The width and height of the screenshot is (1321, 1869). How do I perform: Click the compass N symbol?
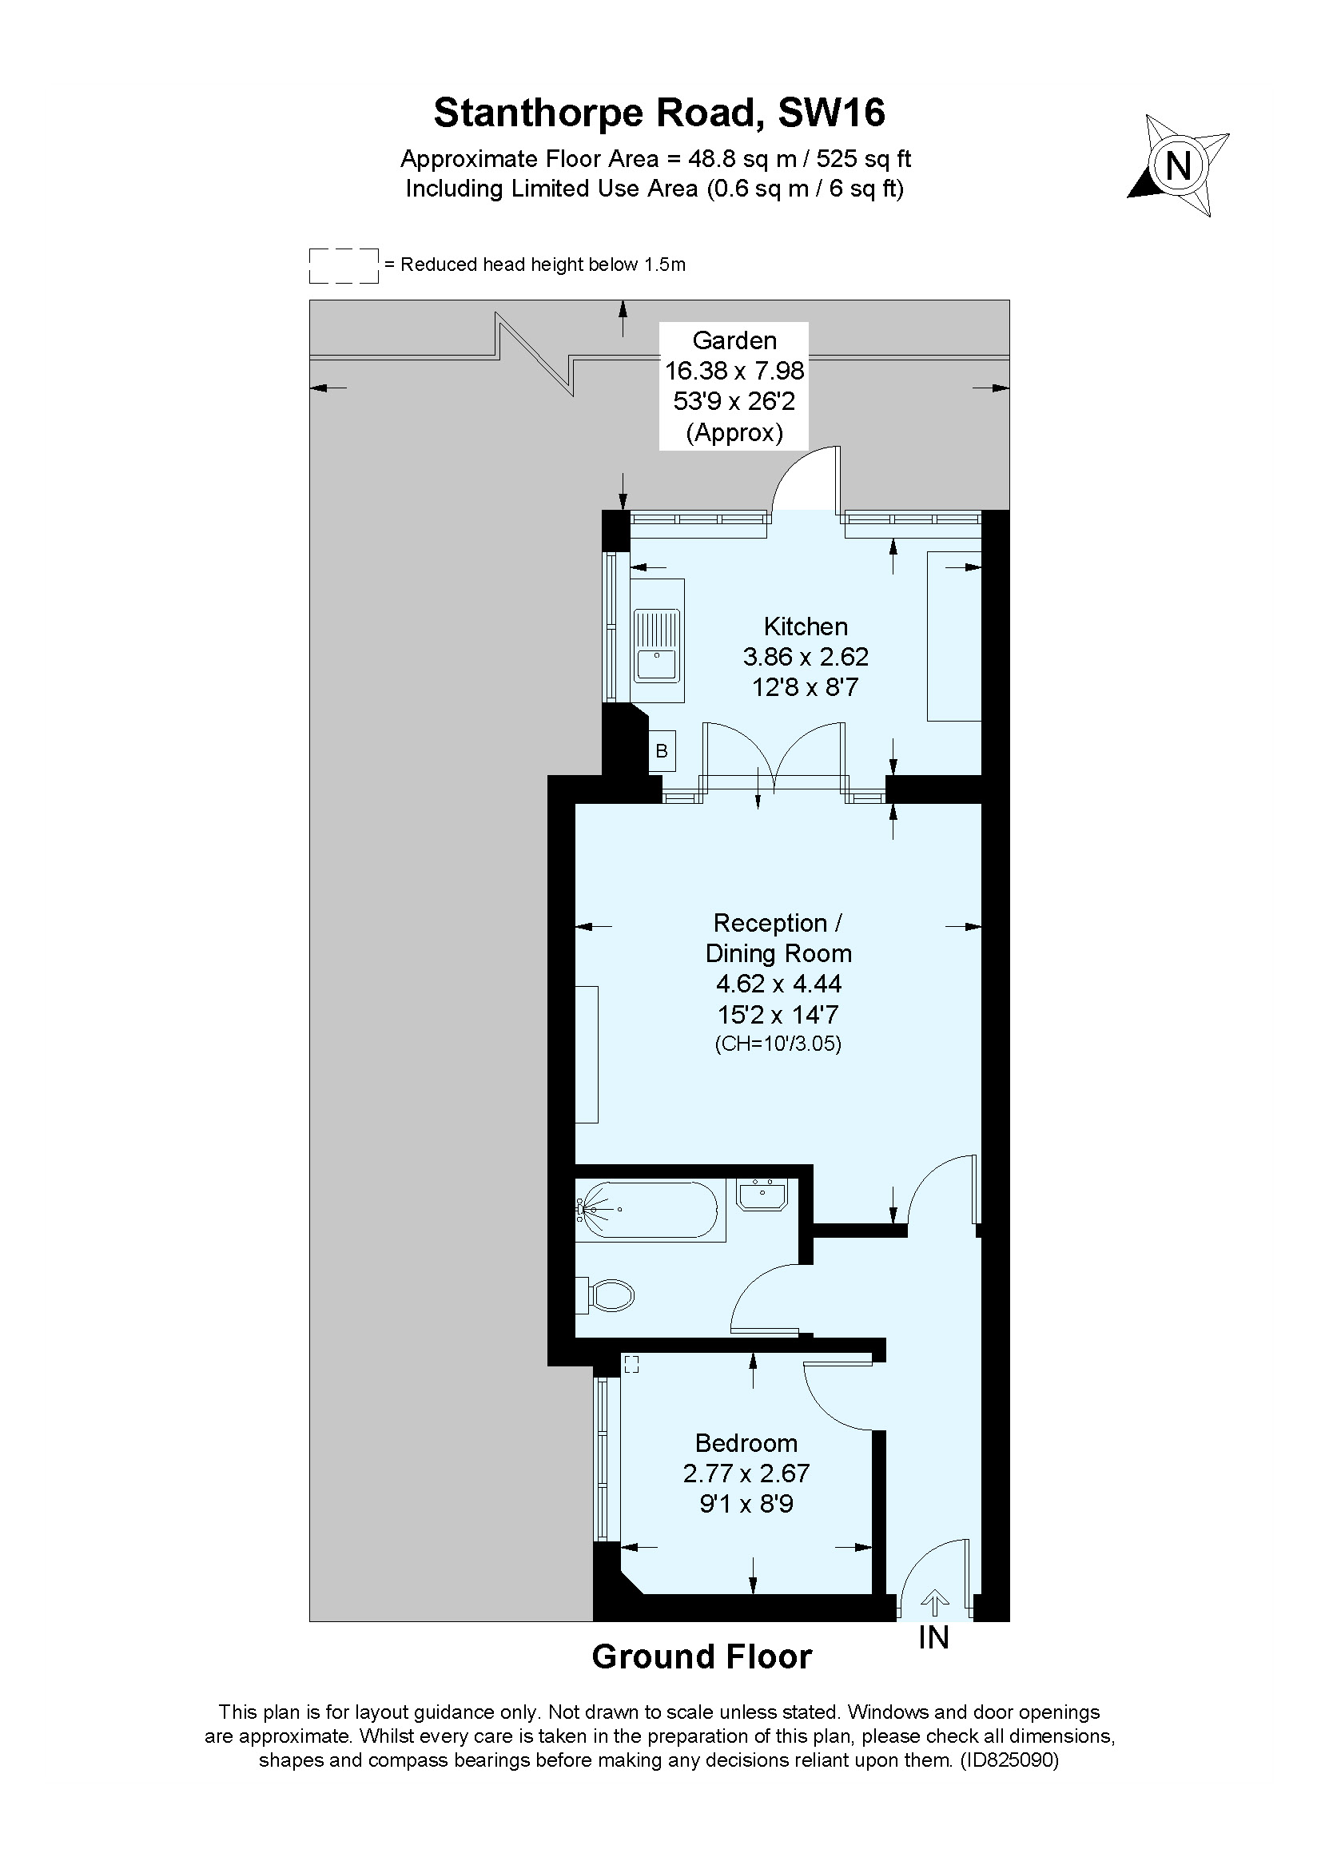(x=1178, y=166)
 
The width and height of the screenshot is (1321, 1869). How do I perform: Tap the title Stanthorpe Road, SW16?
(x=659, y=113)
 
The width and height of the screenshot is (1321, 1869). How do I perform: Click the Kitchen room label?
(x=805, y=626)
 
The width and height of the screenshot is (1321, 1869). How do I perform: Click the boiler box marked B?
(x=662, y=750)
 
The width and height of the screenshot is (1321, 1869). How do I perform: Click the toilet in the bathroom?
(x=607, y=1294)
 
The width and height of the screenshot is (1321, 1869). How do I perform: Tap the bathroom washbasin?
(x=762, y=1195)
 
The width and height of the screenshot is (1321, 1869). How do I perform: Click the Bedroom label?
(x=746, y=1443)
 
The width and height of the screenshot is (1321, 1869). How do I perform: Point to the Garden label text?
(x=734, y=340)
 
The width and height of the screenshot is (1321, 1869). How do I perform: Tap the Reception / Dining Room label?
(x=778, y=938)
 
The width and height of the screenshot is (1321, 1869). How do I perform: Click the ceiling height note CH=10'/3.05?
(x=778, y=1044)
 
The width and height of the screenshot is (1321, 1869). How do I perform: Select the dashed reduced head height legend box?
(x=344, y=265)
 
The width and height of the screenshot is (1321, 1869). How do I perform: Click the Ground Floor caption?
(x=702, y=1656)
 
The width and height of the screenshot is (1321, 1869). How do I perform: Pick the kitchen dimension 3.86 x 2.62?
(x=805, y=656)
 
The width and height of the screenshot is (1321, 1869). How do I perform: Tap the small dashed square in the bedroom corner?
(x=631, y=1364)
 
